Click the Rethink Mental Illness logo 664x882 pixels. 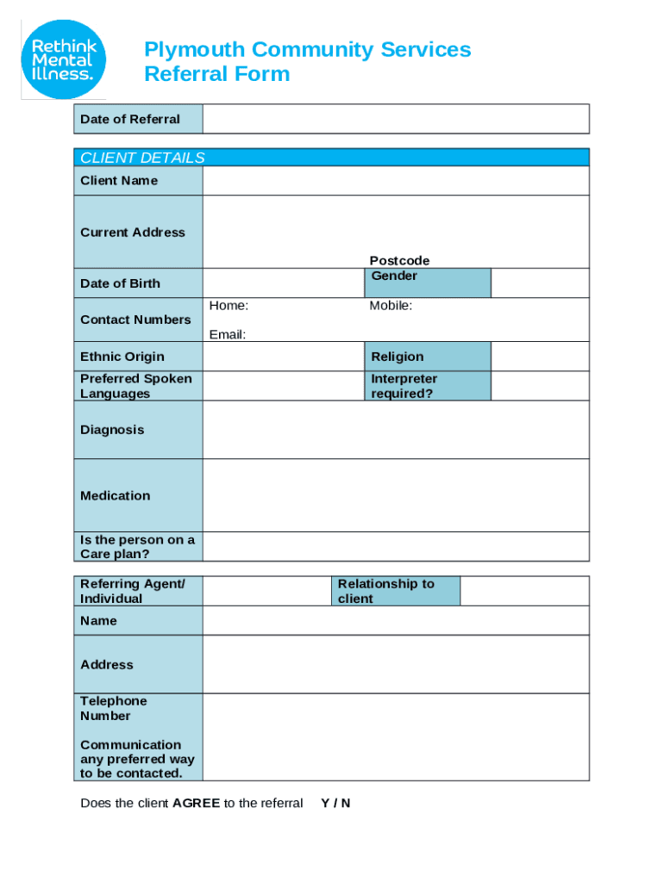64,58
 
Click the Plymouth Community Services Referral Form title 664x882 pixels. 307,61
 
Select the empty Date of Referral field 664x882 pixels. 396,119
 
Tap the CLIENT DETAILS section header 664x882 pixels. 142,158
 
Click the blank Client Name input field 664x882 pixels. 396,181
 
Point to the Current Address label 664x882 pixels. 132,233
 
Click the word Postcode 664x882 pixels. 399,260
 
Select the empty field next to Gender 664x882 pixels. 540,283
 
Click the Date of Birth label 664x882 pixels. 120,283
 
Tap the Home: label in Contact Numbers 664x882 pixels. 229,306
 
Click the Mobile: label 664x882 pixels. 391,306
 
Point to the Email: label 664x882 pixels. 227,334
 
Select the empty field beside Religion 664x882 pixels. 540,357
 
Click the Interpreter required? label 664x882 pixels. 404,386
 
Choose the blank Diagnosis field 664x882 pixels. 396,430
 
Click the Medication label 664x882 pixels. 115,495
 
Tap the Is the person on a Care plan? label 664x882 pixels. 137,547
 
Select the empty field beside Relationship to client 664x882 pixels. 524,591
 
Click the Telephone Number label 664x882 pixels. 113,708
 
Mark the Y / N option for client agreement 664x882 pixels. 335,803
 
